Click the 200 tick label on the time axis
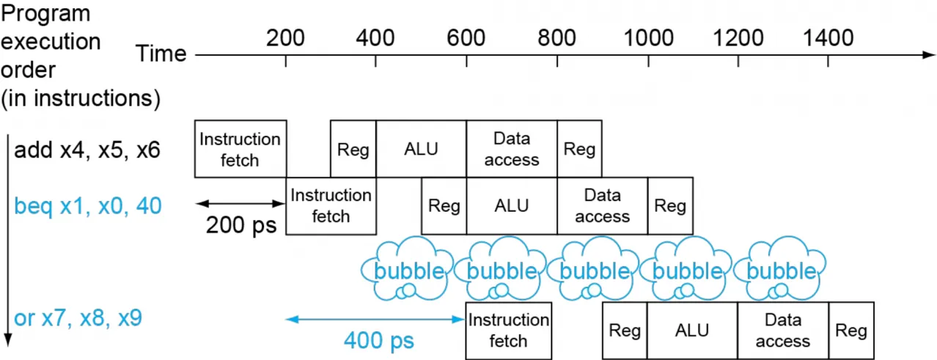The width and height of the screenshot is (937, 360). pyautogui.click(x=285, y=38)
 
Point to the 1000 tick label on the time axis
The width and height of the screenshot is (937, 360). pyautogui.click(x=648, y=38)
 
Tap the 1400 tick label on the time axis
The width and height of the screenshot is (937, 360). pyautogui.click(x=828, y=38)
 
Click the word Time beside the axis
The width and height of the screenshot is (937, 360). pyautogui.click(x=161, y=54)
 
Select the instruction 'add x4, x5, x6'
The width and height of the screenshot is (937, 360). pyautogui.click(x=87, y=150)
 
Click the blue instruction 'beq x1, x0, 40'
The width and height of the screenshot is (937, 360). pyautogui.click(x=88, y=206)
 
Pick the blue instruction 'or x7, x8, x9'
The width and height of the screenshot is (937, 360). pyautogui.click(x=78, y=318)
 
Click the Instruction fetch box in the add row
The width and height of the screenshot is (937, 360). pyautogui.click(x=240, y=149)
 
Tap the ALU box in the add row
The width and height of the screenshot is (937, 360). pyautogui.click(x=422, y=149)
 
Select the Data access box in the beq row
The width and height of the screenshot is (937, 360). pyautogui.click(x=603, y=206)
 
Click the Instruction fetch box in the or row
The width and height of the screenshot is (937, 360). pyautogui.click(x=509, y=331)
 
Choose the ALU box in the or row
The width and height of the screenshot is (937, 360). pyautogui.click(x=692, y=331)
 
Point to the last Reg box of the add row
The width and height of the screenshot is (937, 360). pyautogui.click(x=580, y=149)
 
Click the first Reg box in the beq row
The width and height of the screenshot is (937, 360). pyautogui.click(x=444, y=206)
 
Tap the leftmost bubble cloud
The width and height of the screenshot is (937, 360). pyautogui.click(x=408, y=268)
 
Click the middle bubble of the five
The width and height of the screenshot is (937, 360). pyautogui.click(x=594, y=268)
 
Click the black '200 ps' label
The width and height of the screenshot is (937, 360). pyautogui.click(x=241, y=225)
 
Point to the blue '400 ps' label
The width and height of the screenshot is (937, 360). pyautogui.click(x=379, y=340)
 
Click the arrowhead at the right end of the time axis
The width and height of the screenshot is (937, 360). pyautogui.click(x=930, y=55)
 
